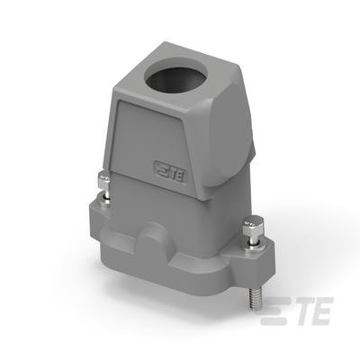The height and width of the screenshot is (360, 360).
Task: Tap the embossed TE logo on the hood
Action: tap(170, 173)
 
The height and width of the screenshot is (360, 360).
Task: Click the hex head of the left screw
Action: tap(103, 180)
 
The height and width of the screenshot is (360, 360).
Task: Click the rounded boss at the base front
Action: tap(155, 237)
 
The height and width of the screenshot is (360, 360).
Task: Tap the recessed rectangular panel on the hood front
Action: tap(149, 144)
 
